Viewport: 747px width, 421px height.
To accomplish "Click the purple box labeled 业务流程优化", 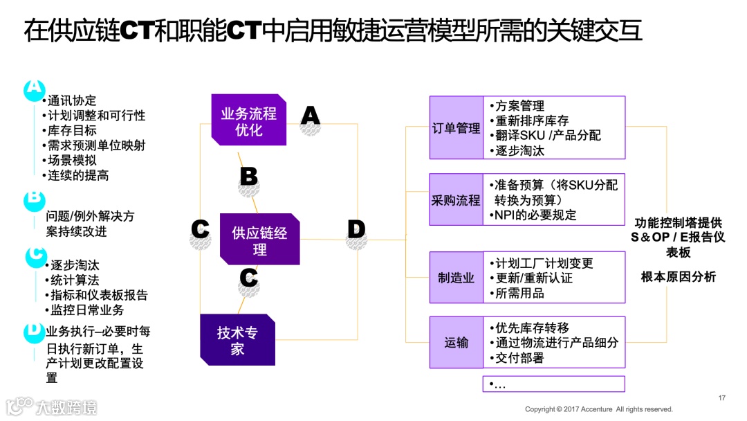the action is pos(248,120).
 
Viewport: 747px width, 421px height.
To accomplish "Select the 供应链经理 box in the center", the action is pos(259,240).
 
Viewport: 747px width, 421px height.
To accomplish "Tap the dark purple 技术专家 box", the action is pos(237,340).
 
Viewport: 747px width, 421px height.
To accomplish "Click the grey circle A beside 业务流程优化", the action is pos(311,116).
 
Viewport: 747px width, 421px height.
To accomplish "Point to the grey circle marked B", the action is pos(248,177).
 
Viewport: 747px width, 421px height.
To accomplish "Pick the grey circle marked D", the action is pos(356,230).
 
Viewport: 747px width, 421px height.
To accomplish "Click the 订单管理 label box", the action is pos(456,128).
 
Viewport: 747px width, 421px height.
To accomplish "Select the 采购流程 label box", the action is pos(456,200).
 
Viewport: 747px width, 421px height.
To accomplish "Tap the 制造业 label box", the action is pos(456,278).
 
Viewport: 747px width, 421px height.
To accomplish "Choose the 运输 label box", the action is pos(456,343).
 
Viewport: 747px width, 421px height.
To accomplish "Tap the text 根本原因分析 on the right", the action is pos(678,277).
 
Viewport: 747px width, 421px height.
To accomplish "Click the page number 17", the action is pos(722,397).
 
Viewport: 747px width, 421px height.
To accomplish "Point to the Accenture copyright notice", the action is pos(598,409).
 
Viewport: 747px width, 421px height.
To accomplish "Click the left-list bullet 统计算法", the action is pos(75,280).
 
